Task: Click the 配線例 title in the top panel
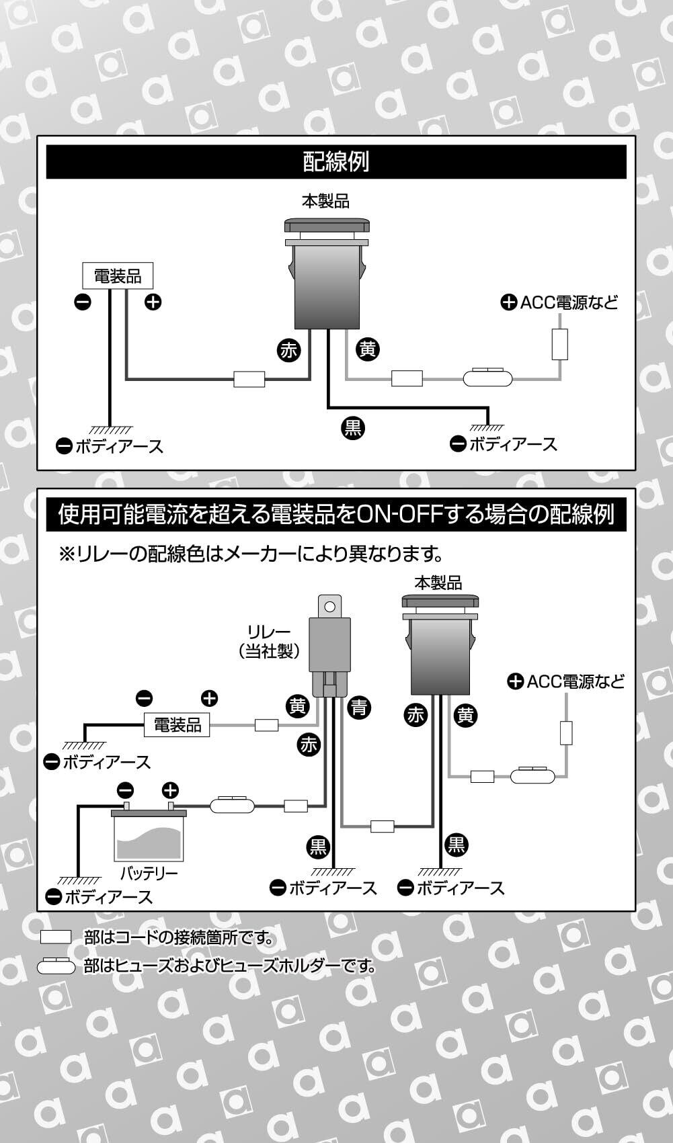click(x=335, y=162)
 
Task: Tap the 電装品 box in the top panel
click(x=118, y=276)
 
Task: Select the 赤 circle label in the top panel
click(x=288, y=350)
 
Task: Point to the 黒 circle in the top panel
click(x=353, y=427)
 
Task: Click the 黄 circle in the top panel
click(x=368, y=349)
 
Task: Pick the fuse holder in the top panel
click(x=489, y=378)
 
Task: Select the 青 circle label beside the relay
click(x=360, y=706)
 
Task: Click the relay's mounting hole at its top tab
click(x=329, y=607)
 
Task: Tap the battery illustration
click(x=149, y=834)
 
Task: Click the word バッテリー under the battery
click(x=149, y=873)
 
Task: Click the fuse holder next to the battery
click(x=233, y=804)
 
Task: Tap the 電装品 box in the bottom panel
click(x=177, y=725)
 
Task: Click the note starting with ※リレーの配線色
click(x=251, y=554)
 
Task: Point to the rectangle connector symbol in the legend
click(x=56, y=937)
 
